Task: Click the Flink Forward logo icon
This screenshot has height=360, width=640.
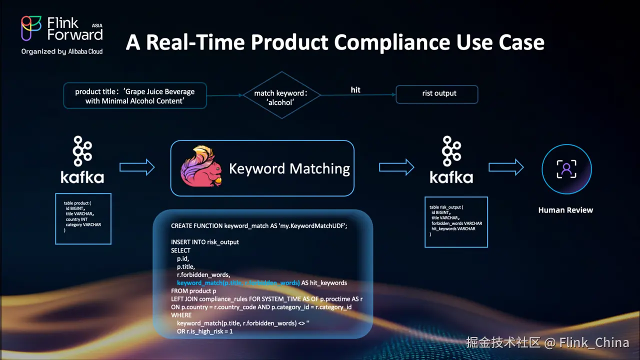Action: (x=31, y=28)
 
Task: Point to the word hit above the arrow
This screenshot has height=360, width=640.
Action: (x=355, y=90)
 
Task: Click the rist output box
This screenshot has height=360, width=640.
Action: (x=436, y=93)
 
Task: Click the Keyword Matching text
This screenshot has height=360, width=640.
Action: (x=289, y=168)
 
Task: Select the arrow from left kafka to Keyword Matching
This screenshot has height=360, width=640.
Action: (x=137, y=167)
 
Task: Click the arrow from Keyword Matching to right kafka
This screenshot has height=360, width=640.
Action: (x=396, y=167)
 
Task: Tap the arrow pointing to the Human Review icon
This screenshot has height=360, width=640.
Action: (x=506, y=167)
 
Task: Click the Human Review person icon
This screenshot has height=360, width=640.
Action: (x=566, y=169)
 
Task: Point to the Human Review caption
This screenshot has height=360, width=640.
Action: (x=565, y=210)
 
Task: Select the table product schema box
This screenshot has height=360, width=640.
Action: (x=83, y=218)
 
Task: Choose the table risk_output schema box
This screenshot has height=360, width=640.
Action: (x=456, y=221)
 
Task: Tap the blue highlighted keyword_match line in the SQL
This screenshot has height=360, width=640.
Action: (x=238, y=283)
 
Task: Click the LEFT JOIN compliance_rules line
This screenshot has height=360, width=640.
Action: (x=266, y=299)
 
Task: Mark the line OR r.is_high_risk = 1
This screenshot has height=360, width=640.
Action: (x=205, y=331)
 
